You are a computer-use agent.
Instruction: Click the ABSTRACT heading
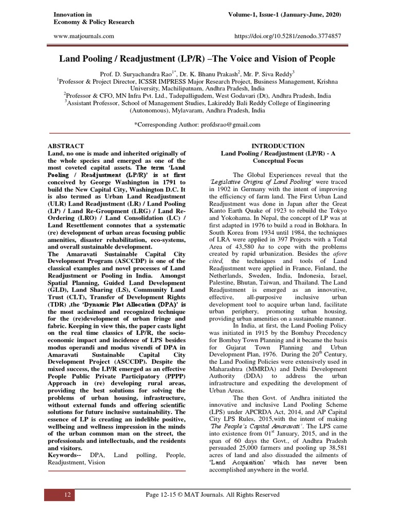click(65, 146)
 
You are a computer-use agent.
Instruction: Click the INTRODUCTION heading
click(277, 146)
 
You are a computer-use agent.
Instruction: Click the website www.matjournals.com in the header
click(83, 36)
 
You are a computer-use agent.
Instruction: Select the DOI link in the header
click(288, 36)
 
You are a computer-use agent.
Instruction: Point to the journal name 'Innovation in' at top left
click(73, 14)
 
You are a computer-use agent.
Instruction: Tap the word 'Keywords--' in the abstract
click(65, 455)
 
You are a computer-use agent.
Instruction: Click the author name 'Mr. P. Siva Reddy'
click(266, 74)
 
